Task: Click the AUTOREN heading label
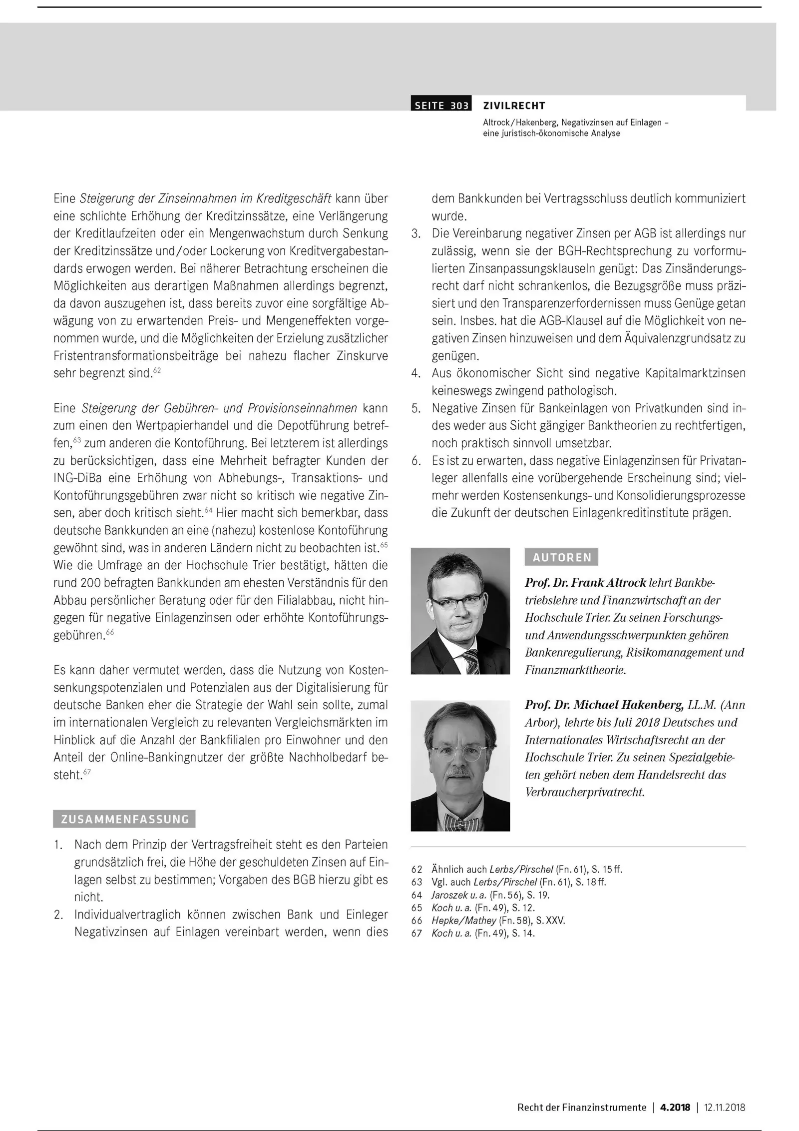coord(562,557)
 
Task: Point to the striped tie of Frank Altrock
coord(471,662)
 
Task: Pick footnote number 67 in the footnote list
coord(416,933)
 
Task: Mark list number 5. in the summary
coord(416,408)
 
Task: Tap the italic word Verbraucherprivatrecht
coord(584,793)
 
